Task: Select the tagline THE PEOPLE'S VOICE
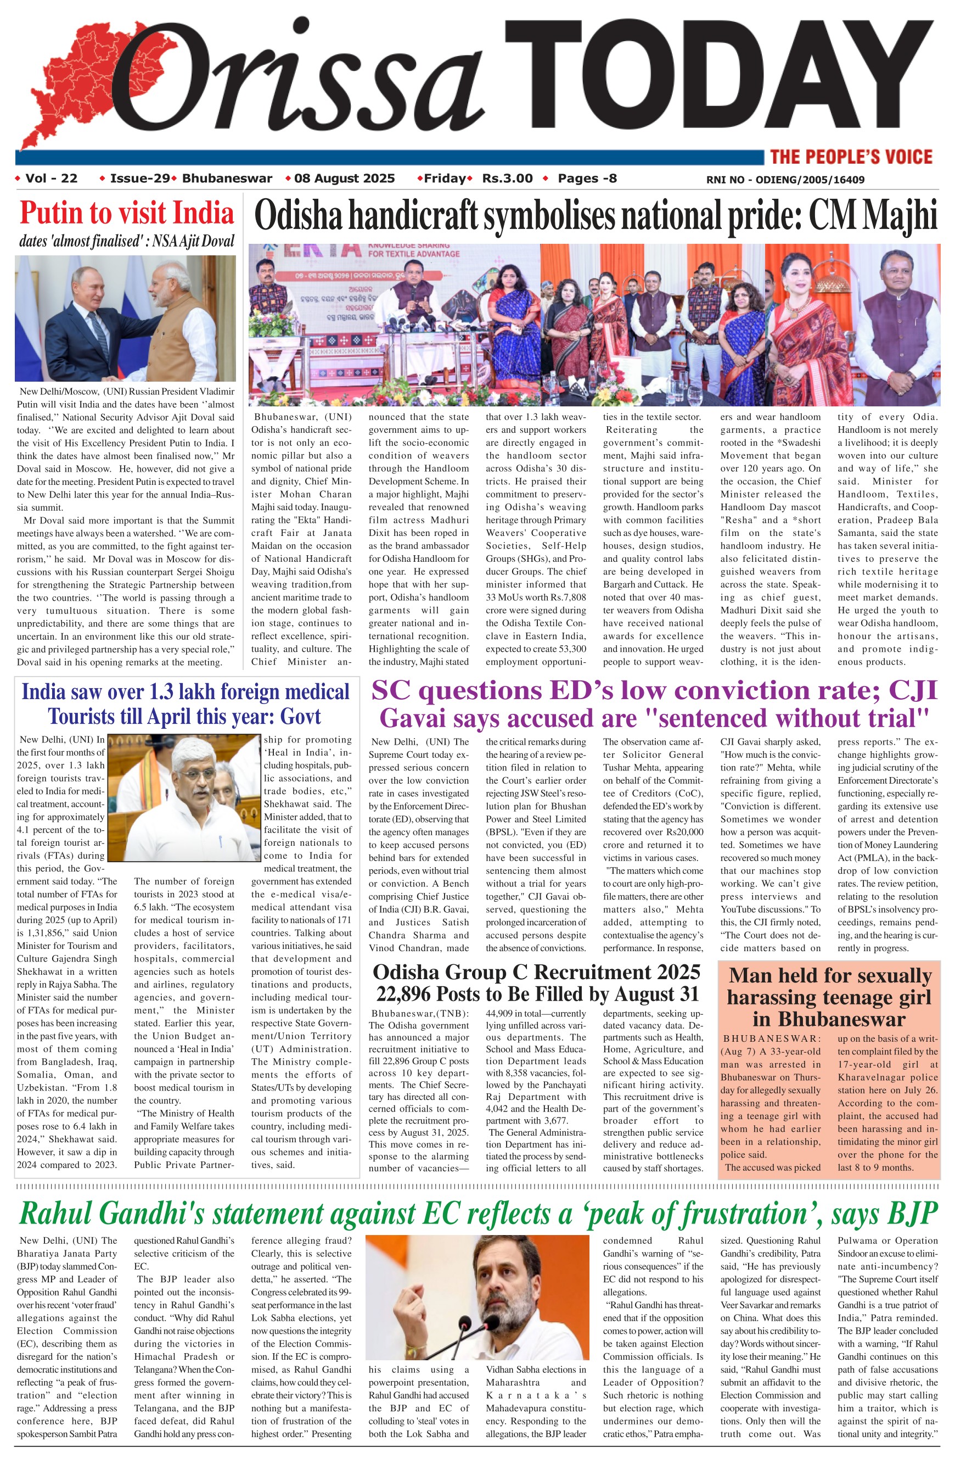click(x=851, y=157)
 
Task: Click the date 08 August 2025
click(x=344, y=178)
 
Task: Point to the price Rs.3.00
click(x=508, y=178)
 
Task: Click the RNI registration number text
click(x=785, y=180)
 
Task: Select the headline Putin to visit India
click(x=127, y=213)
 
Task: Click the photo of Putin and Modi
click(x=125, y=319)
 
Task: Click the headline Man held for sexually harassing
click(x=829, y=997)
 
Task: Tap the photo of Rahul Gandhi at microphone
click(x=477, y=1297)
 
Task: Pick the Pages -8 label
click(x=587, y=178)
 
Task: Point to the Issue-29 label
click(x=139, y=178)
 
